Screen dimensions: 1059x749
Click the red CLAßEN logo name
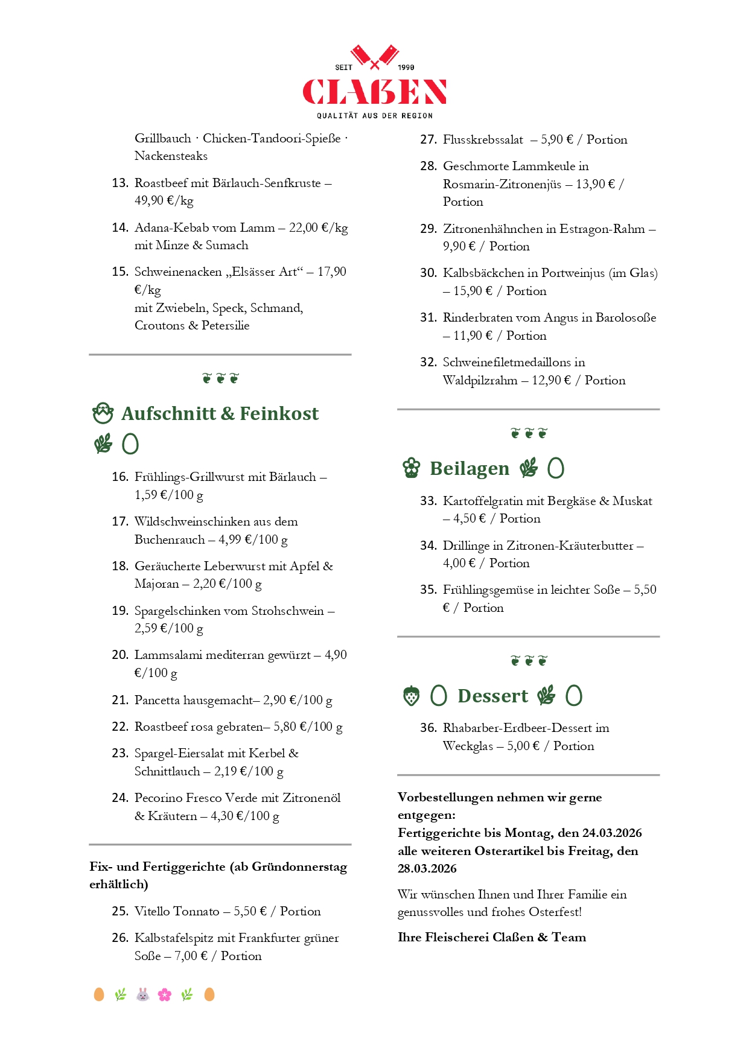[374, 92]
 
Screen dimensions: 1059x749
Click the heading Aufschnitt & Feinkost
[220, 413]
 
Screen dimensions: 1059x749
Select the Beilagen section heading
[469, 468]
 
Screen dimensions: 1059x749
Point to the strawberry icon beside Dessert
[411, 696]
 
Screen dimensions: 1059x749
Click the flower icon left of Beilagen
[411, 468]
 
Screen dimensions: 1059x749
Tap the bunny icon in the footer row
[142, 994]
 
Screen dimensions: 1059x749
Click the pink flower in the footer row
[165, 994]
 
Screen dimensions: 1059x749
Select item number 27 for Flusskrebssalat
[428, 140]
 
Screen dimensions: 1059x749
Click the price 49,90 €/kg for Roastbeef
[164, 200]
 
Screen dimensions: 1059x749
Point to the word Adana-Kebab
[174, 227]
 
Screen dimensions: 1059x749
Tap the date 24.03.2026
[611, 833]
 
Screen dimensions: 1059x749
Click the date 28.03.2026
[427, 869]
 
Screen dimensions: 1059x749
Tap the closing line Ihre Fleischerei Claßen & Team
[491, 937]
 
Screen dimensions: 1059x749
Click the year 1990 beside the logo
[406, 68]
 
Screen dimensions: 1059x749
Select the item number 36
[428, 728]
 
